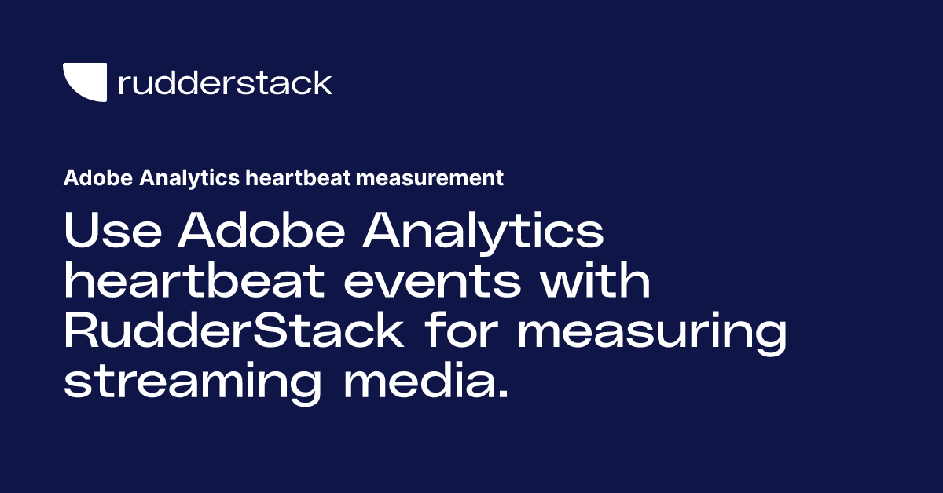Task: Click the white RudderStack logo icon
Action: click(84, 82)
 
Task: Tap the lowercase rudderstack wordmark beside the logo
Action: click(225, 82)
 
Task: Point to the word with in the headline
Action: click(595, 283)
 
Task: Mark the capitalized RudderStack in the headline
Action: click(233, 332)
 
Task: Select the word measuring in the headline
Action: click(651, 332)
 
